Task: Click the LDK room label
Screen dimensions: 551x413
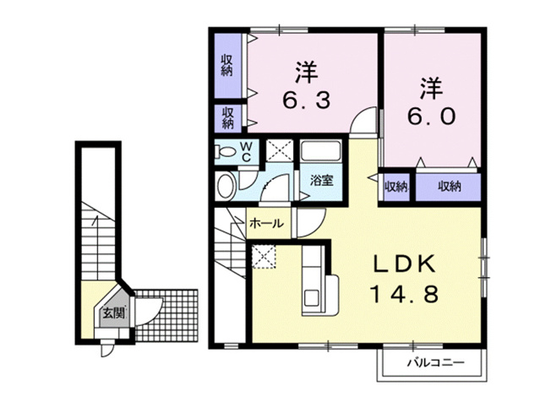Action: [404, 264]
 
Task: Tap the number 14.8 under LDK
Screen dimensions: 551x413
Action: [404, 294]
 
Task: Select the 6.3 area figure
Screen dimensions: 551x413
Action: [307, 101]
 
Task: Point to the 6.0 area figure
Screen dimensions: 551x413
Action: [432, 116]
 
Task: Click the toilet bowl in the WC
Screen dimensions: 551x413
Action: [226, 152]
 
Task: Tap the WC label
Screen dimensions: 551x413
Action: [246, 152]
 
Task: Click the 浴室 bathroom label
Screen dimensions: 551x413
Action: [321, 181]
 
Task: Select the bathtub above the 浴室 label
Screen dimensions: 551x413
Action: [321, 150]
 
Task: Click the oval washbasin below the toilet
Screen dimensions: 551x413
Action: [226, 186]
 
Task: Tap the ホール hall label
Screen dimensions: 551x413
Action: [266, 223]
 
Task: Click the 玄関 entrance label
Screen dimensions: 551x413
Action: [113, 312]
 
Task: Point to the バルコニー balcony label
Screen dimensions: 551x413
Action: [436, 362]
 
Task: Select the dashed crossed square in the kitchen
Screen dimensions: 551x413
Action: [264, 256]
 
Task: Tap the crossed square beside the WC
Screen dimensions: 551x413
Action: [280, 150]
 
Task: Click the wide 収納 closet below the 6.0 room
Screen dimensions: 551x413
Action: [449, 187]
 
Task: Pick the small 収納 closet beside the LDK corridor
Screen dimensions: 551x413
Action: [396, 187]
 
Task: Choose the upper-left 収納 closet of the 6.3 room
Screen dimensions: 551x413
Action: [227, 66]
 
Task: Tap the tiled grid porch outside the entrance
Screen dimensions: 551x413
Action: [167, 315]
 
